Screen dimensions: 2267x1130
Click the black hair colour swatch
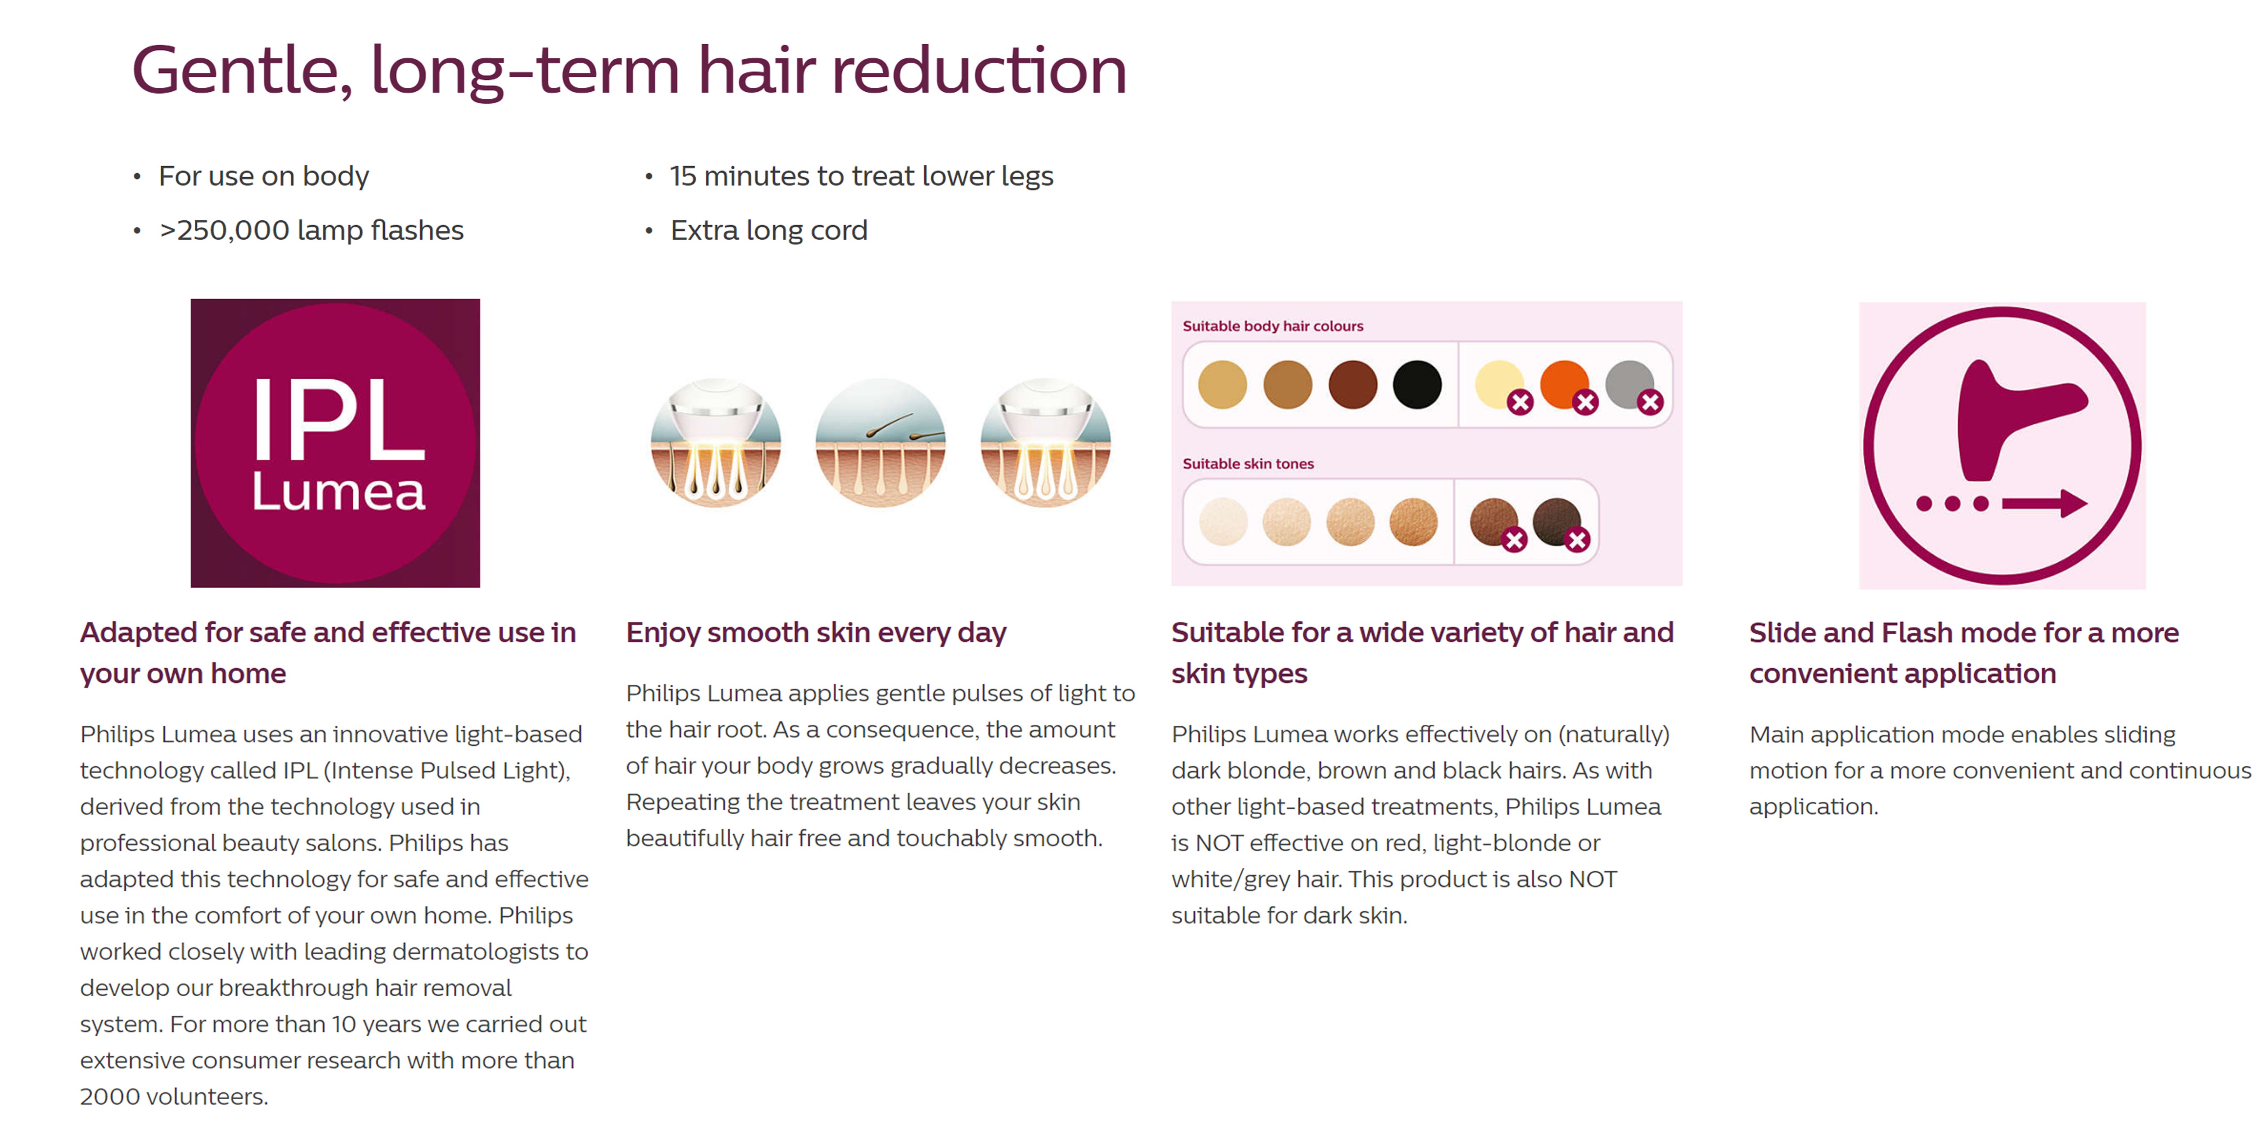[x=1417, y=385]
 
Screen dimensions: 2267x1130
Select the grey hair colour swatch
[x=1629, y=384]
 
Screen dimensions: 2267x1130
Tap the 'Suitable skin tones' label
[x=1248, y=464]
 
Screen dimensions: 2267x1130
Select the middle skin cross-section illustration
[x=880, y=443]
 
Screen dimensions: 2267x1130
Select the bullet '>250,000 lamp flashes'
[x=311, y=230]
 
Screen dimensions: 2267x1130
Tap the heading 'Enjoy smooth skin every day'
[x=816, y=633]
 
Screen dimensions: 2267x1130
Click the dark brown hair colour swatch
[x=1352, y=385]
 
